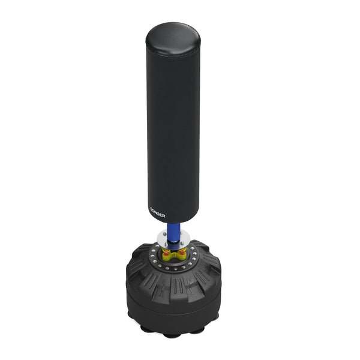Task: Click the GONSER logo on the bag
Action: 157,212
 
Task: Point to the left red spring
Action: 166,253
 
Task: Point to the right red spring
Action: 182,253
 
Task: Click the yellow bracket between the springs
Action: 174,254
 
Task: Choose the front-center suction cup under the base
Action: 172,335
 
